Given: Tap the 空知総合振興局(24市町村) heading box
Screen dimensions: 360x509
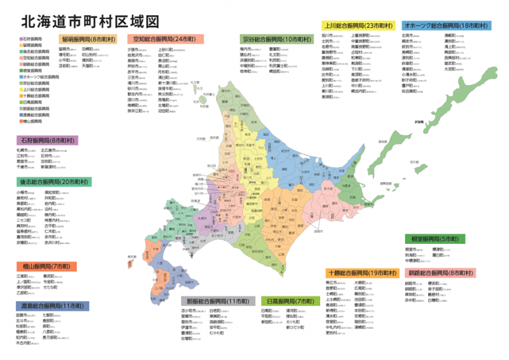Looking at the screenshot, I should [x=166, y=39].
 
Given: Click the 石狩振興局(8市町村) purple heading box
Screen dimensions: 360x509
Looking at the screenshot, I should [x=47, y=141].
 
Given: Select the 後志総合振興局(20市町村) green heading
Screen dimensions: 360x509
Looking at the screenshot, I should [x=54, y=181].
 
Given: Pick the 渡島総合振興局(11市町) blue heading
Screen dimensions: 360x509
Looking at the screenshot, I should [x=52, y=306].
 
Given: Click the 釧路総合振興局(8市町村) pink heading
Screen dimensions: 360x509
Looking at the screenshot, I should [x=441, y=254].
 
